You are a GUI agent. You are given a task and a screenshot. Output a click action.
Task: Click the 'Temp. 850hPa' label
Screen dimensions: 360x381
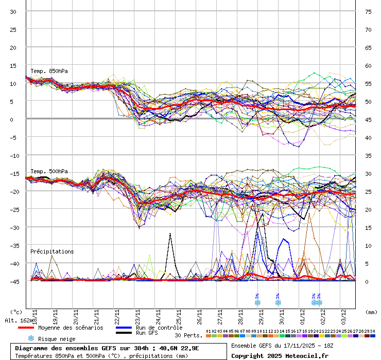pos(49,71)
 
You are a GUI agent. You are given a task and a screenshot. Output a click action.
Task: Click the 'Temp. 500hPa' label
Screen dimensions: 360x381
pos(49,171)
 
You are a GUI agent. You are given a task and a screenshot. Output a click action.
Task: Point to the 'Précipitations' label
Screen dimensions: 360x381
pos(52,251)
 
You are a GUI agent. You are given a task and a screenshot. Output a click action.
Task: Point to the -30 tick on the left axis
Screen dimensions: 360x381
pos(13,227)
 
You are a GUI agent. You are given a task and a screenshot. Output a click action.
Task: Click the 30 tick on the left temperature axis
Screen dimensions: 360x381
pos(13,11)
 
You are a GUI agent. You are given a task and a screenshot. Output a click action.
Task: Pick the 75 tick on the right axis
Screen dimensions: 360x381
pos(368,11)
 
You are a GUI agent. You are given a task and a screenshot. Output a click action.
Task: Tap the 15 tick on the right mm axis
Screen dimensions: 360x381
pos(368,227)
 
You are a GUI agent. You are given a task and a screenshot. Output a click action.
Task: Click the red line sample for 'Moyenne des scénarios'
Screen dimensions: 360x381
pos(33,328)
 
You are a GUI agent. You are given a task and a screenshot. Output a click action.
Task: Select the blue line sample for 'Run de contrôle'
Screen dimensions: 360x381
pos(124,328)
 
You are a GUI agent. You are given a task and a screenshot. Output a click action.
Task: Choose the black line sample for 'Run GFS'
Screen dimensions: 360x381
pos(124,333)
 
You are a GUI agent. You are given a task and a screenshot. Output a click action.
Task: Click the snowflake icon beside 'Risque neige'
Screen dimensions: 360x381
pos(31,338)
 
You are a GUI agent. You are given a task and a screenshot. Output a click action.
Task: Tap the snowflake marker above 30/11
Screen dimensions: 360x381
pos(278,302)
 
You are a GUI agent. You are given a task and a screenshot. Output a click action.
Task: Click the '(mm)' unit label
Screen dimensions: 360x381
pos(371,312)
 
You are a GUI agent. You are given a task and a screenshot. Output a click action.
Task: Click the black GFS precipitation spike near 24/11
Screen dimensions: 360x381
pos(170,235)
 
